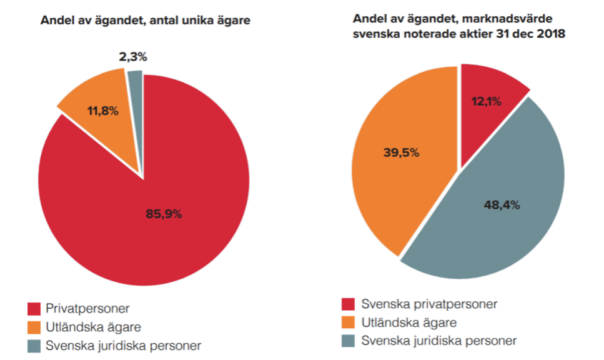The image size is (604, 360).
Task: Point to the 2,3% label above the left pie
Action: [133, 57]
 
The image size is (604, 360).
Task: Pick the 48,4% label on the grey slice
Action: [502, 204]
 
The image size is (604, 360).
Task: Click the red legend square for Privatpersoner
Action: [36, 309]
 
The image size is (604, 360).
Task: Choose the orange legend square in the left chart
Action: [36, 327]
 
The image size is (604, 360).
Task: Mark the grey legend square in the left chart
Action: [36, 345]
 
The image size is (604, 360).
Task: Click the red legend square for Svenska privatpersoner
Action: [348, 304]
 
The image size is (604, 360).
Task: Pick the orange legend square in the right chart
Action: [348, 322]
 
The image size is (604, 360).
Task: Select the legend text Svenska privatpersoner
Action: [429, 304]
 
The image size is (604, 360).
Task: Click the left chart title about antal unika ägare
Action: [146, 21]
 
